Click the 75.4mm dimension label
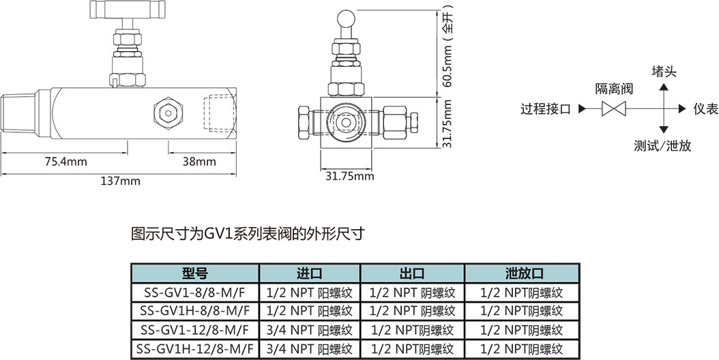point(65,162)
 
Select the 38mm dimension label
point(199,162)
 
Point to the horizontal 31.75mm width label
point(349,176)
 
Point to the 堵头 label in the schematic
point(664,72)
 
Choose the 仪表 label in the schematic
point(705,108)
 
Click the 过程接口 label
point(545,108)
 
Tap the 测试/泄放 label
point(662,145)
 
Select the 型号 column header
point(194,274)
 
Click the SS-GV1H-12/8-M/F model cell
point(194,348)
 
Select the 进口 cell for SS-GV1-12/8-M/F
point(309,330)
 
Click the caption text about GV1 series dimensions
point(248,234)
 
